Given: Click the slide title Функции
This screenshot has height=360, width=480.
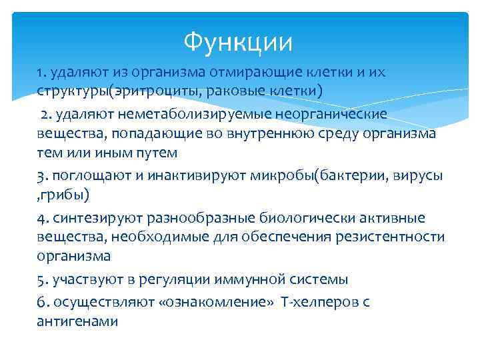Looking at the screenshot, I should pyautogui.click(x=239, y=43).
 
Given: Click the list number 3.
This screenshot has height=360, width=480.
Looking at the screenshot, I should pyautogui.click(x=42, y=177).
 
